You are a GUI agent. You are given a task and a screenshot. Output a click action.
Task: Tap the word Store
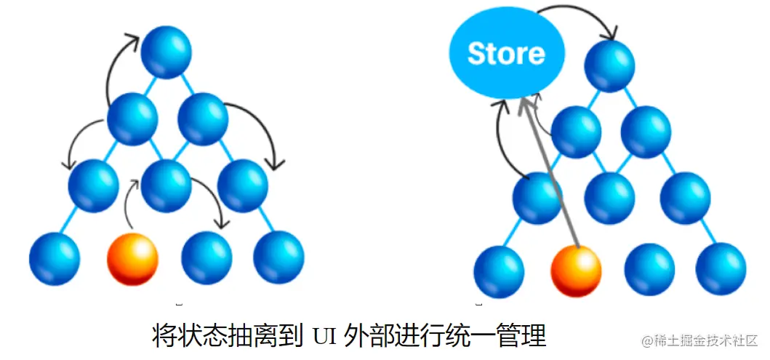pyautogui.click(x=506, y=54)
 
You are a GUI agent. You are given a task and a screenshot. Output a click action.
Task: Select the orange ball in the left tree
pyautogui.click(x=132, y=258)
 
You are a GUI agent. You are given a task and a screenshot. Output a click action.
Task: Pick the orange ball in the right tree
pyautogui.click(x=576, y=271)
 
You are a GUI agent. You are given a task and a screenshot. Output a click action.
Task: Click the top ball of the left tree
pyautogui.click(x=166, y=51)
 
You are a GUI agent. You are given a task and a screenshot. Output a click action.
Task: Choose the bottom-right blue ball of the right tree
pyautogui.click(x=721, y=269)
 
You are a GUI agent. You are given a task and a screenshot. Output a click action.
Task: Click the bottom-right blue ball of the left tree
pyautogui.click(x=278, y=257)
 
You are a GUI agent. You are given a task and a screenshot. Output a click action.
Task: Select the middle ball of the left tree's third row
pyautogui.click(x=166, y=186)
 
